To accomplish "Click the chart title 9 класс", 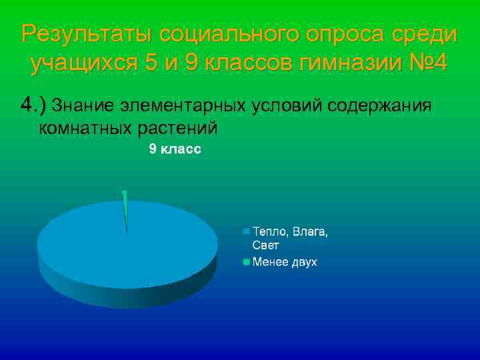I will coord(175,150).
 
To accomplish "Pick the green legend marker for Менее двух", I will coord(246,262).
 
